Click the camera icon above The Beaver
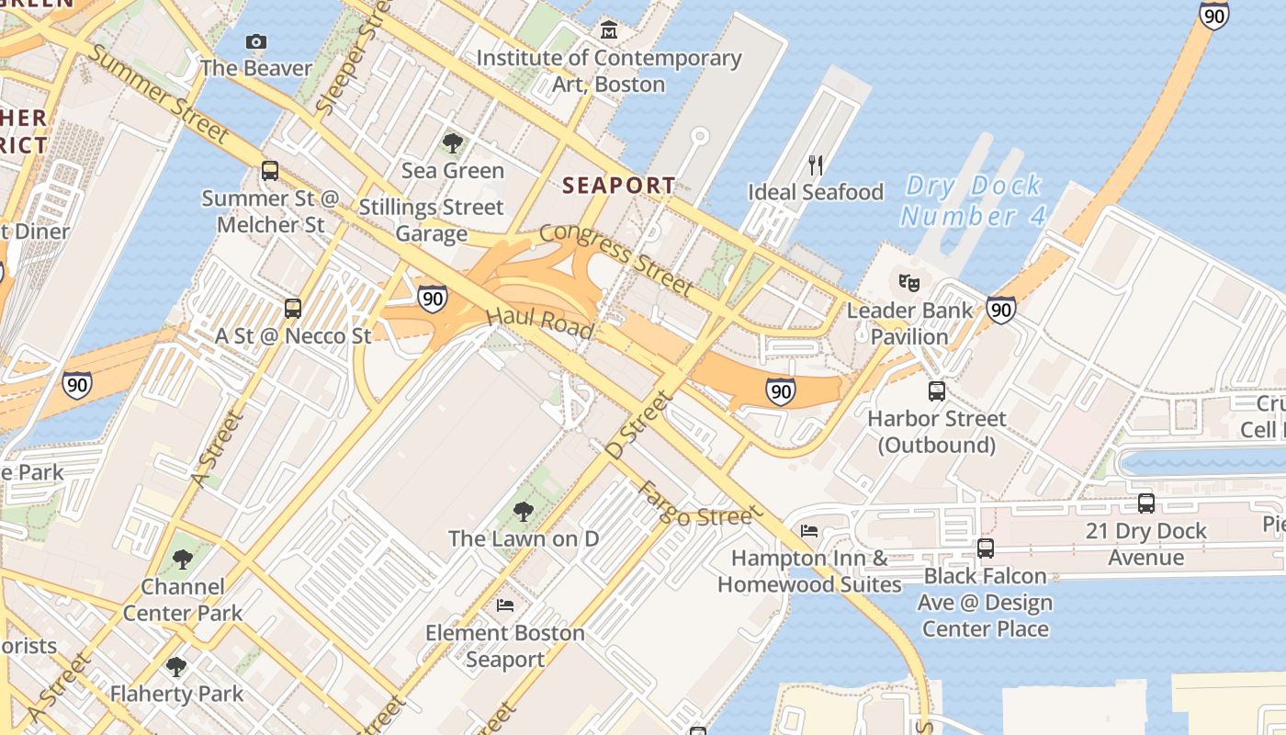pyautogui.click(x=256, y=41)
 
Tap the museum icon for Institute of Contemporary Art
pyautogui.click(x=608, y=31)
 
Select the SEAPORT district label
pyautogui.click(x=618, y=185)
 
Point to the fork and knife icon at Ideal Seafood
pyautogui.click(x=815, y=165)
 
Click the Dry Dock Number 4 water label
pyautogui.click(x=973, y=200)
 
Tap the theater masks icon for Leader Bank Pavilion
pyautogui.click(x=909, y=282)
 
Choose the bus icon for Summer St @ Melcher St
pyautogui.click(x=270, y=171)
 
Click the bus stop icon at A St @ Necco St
pyautogui.click(x=293, y=309)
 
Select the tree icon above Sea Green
pyautogui.click(x=452, y=142)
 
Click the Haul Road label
pyautogui.click(x=539, y=322)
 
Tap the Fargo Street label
pyautogui.click(x=695, y=504)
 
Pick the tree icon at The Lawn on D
pyautogui.click(x=523, y=511)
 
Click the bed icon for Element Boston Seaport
pyautogui.click(x=505, y=605)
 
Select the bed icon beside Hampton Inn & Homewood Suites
pyautogui.click(x=809, y=531)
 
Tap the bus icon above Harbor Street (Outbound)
pyautogui.click(x=936, y=391)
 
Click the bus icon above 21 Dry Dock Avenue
pyautogui.click(x=1145, y=503)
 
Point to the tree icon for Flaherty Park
pyautogui.click(x=176, y=667)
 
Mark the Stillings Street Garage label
pyautogui.click(x=431, y=220)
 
